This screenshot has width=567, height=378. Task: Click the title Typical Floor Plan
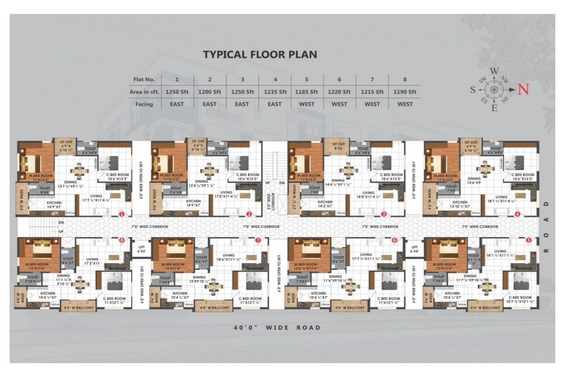click(x=259, y=54)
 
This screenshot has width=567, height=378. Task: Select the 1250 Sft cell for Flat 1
click(x=177, y=92)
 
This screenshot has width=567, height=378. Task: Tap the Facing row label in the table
click(x=141, y=104)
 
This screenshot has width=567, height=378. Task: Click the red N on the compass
click(x=522, y=89)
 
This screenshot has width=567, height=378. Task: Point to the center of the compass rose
click(x=494, y=89)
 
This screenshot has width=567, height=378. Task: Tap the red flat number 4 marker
click(x=518, y=214)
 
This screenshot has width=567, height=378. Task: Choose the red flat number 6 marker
click(x=395, y=241)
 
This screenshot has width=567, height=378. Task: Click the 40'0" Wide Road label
click(x=276, y=327)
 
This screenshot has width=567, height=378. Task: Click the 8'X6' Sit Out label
click(x=338, y=146)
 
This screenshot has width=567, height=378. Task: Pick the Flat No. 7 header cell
click(x=372, y=79)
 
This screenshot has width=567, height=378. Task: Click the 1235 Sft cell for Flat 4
click(x=275, y=92)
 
